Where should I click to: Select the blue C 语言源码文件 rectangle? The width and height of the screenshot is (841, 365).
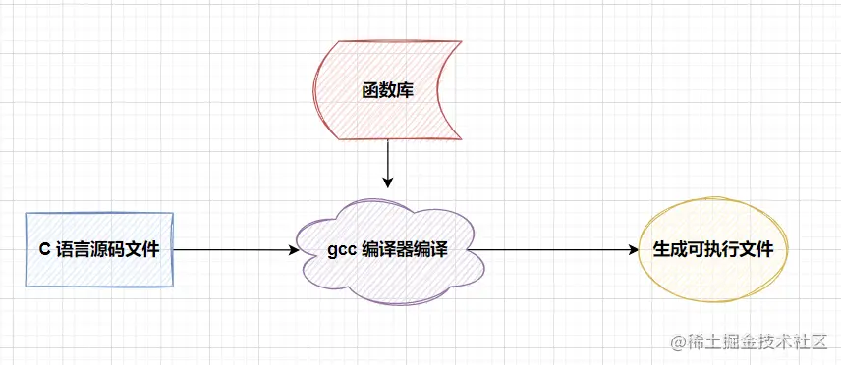point(98,249)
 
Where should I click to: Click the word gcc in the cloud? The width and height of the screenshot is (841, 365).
point(343,250)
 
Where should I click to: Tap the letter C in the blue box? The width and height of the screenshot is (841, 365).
point(44,250)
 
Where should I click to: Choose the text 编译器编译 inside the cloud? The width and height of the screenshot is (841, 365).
point(404,250)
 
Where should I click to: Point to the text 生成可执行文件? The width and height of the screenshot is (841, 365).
point(713,250)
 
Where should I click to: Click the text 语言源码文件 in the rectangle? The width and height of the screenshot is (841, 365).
point(107,250)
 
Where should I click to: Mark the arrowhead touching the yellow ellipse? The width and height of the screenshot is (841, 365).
point(634,250)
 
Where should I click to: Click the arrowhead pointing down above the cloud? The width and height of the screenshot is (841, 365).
point(388,182)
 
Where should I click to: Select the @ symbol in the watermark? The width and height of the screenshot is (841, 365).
point(677,342)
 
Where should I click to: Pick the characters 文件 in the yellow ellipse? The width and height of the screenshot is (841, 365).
point(757,250)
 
